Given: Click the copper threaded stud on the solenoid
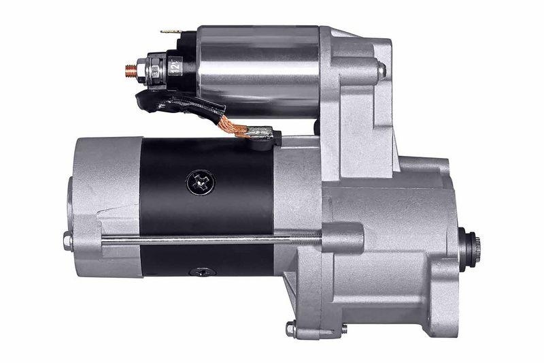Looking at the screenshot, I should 130,69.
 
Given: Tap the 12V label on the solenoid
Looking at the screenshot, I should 175,68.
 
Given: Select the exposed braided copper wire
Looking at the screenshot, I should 235,125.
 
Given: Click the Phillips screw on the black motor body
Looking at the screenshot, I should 200,181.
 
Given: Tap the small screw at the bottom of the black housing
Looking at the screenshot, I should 203,272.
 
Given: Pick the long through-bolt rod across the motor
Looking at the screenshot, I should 204,239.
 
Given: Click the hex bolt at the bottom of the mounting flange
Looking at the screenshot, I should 291,329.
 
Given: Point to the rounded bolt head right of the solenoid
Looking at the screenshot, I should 381,69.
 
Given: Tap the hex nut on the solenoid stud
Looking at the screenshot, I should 141,69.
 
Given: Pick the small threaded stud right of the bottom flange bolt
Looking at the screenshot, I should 344,328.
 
